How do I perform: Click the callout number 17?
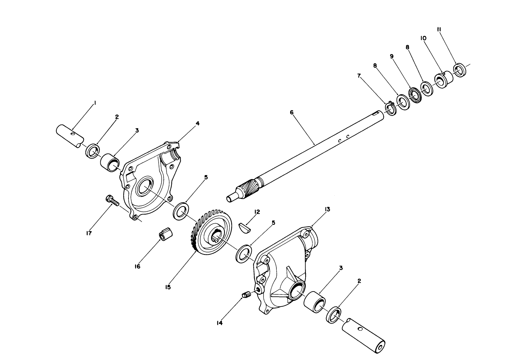point(89,233)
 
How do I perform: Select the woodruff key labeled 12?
point(245,227)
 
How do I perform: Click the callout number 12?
point(256,212)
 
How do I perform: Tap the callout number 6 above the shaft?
point(291,112)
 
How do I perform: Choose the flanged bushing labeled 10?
point(444,80)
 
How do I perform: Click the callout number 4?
point(197,123)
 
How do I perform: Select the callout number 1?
point(95,103)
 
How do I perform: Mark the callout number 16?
point(137,267)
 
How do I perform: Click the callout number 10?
point(423,38)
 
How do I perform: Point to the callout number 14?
point(219,323)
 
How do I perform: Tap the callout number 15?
point(168,287)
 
